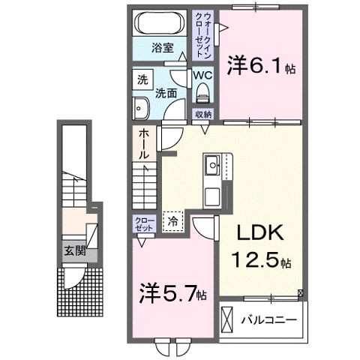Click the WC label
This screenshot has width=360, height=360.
point(202,75)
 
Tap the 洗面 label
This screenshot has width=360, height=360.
point(165,94)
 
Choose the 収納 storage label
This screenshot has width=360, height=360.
point(202,114)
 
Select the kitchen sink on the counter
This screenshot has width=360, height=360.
point(212,163)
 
